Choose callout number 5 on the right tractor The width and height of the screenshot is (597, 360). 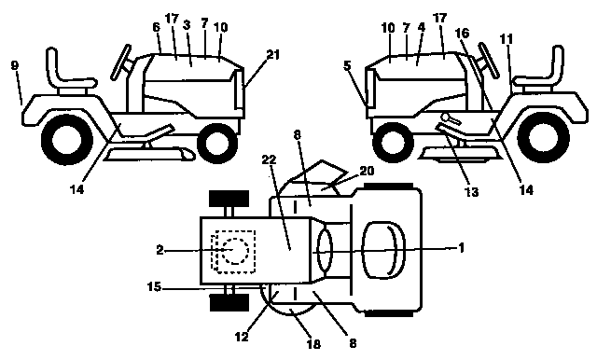[x=348, y=66]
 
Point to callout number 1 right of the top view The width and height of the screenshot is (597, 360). [x=461, y=249]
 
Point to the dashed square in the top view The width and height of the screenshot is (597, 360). [x=231, y=251]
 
